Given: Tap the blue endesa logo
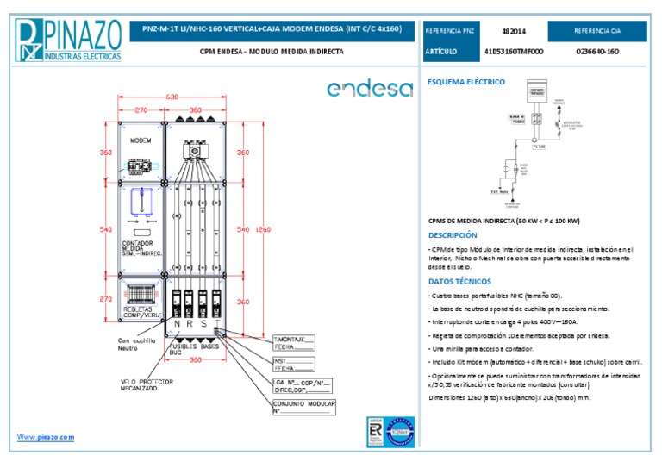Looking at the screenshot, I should point(370,89).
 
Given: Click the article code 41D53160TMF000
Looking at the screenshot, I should point(514,52).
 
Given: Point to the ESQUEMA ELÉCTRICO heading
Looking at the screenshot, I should point(466,83).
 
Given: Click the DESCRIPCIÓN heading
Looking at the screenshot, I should point(452,234).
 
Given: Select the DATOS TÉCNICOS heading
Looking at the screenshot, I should point(459,281).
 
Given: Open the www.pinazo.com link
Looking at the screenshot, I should point(46,437).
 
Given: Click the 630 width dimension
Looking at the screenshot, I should point(172,97).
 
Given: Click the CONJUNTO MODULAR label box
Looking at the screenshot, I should point(303,407).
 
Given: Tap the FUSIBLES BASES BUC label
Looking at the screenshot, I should point(195,349).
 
